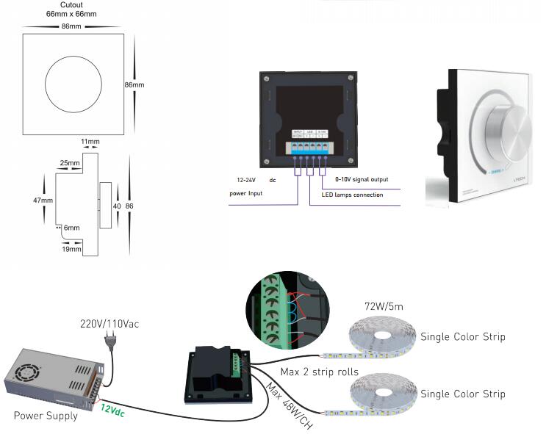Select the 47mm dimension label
point(42,200)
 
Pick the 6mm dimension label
point(71,228)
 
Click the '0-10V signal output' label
point(362,179)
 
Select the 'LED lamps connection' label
point(353,195)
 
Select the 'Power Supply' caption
point(46,416)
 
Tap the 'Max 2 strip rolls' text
point(319,372)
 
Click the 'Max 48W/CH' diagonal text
point(289,405)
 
